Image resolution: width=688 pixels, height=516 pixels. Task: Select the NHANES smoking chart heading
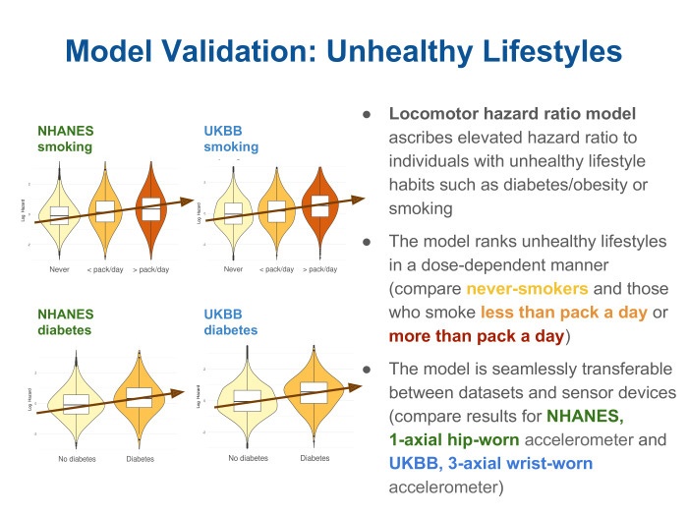[x=65, y=138]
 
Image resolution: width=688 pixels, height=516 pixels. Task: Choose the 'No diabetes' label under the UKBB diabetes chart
[x=248, y=458]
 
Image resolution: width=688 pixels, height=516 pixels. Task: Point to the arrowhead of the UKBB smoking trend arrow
[x=358, y=199]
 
